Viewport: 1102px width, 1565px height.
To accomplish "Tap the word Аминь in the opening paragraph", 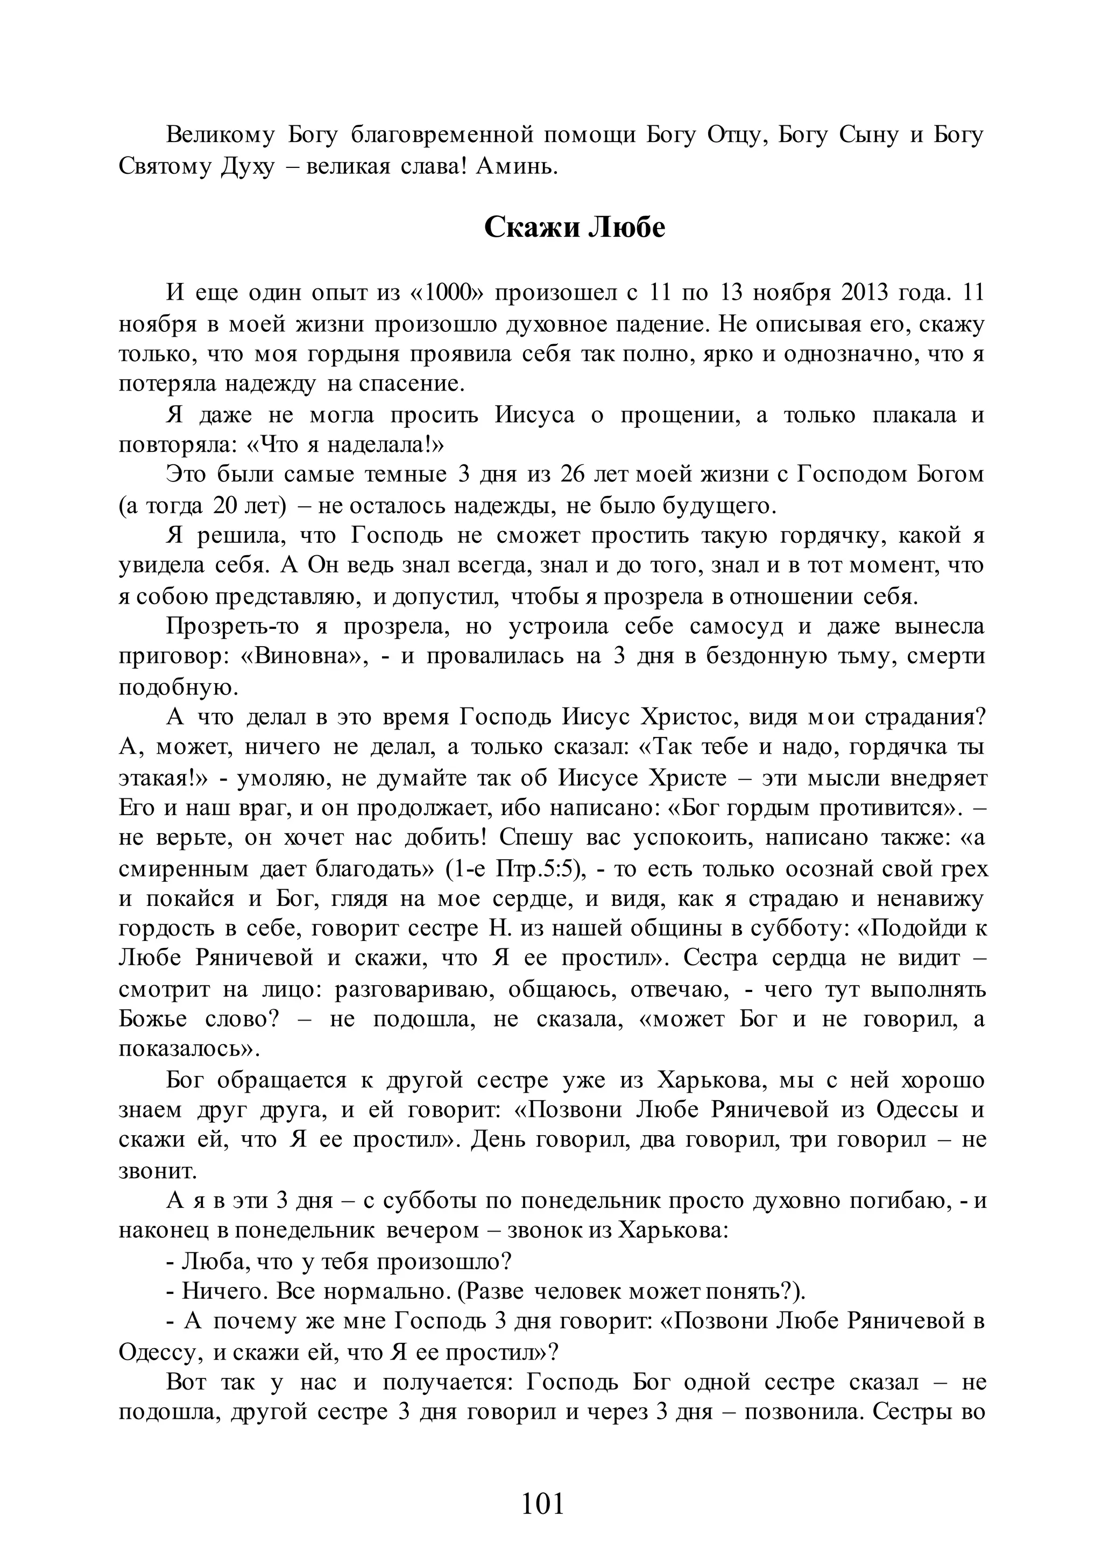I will click(x=515, y=166).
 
